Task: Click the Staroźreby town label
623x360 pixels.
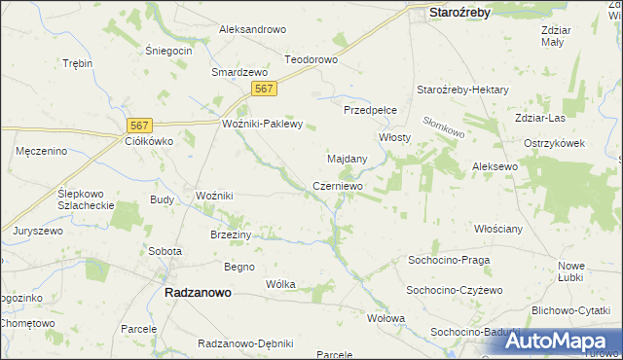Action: [459, 12]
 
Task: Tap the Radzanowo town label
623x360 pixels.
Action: [191, 292]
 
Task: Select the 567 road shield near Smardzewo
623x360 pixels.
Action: [264, 89]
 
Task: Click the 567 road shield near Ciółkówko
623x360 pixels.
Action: [141, 125]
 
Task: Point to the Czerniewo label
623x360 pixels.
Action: [338, 185]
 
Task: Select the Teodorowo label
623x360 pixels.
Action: [311, 59]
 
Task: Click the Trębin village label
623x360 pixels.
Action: [77, 63]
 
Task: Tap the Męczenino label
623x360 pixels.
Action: [41, 151]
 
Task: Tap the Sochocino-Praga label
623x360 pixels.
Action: [449, 261]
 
